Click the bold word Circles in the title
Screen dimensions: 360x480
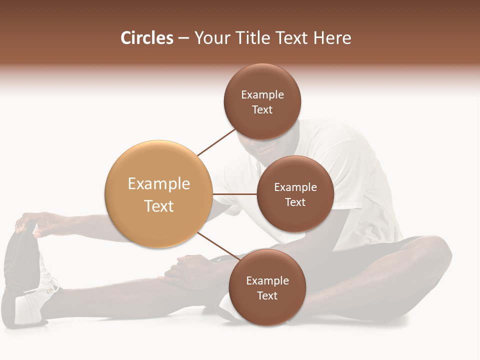pyautogui.click(x=146, y=38)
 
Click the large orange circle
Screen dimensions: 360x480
pyautogui.click(x=158, y=194)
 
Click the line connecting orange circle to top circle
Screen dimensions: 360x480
pyautogui.click(x=216, y=142)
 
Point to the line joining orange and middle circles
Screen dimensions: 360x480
pyautogui.click(x=234, y=194)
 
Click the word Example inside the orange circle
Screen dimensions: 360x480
pyautogui.click(x=158, y=183)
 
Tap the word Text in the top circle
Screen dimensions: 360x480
pyautogui.click(x=262, y=110)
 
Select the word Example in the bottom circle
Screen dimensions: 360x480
pyautogui.click(x=267, y=280)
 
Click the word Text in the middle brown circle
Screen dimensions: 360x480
pyautogui.click(x=295, y=202)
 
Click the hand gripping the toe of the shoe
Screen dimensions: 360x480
pyautogui.click(x=32, y=222)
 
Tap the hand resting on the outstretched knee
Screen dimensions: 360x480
pyautogui.click(x=187, y=267)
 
